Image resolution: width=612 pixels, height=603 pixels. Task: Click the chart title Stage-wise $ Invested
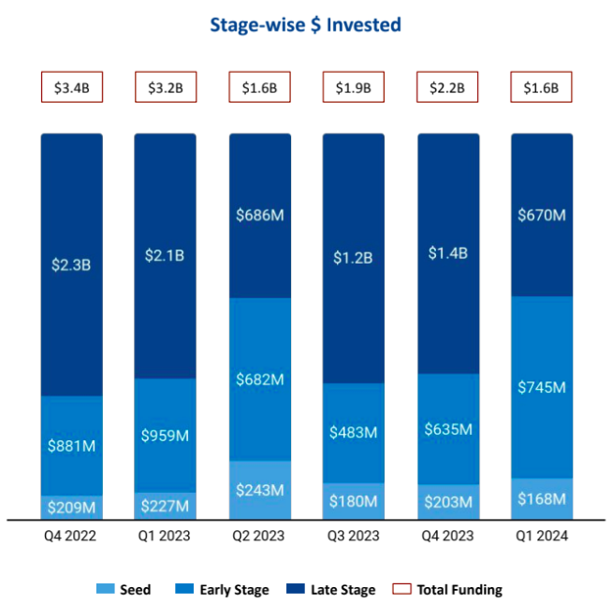coord(306,24)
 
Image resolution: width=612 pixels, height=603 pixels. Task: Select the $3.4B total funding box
coord(71,88)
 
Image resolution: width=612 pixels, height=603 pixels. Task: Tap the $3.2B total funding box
coord(166,88)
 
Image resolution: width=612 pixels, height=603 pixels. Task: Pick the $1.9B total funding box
coord(354,88)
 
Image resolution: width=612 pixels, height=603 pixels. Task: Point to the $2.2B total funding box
coord(447,88)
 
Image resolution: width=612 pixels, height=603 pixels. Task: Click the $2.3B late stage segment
coord(71,265)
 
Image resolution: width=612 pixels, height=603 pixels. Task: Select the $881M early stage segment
coord(71,445)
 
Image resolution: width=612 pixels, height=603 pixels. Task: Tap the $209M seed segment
coord(71,507)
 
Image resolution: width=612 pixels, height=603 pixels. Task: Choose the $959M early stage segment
coord(166,435)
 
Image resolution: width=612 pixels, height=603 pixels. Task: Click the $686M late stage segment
coord(259,216)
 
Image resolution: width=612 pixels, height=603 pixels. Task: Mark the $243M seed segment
coord(259,490)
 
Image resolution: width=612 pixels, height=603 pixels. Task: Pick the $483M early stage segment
coord(354,433)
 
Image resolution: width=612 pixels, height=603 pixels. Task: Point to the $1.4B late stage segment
coord(447,252)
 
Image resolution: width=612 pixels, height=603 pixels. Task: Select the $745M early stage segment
coord(542,387)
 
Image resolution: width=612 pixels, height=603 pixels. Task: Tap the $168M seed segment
coord(542,499)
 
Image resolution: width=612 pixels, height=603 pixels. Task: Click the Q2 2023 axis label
coord(259,537)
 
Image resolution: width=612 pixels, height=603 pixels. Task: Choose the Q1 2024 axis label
coord(542,537)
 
